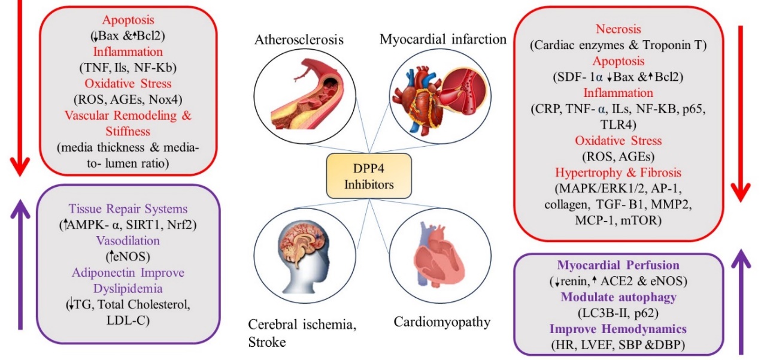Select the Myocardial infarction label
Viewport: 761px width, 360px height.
click(x=443, y=40)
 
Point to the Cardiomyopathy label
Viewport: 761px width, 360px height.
click(x=442, y=322)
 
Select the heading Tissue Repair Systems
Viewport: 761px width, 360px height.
click(x=128, y=209)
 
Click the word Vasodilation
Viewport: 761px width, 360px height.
click(x=128, y=240)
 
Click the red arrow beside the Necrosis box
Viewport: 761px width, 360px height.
click(x=741, y=114)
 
